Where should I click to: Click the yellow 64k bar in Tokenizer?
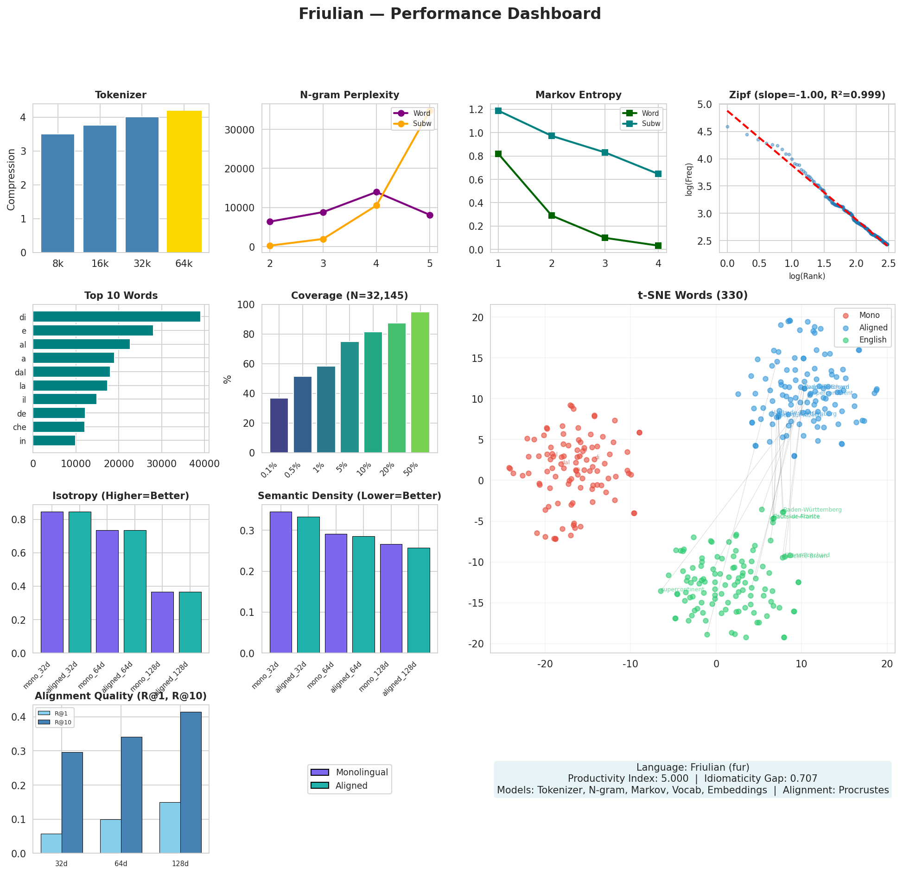tap(184, 182)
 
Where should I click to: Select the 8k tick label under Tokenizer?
tap(58, 264)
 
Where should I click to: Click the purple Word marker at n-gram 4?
tap(376, 192)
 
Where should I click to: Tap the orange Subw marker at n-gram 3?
tap(323, 239)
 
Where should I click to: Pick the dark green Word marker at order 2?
tap(552, 215)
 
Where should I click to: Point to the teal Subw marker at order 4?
tap(658, 174)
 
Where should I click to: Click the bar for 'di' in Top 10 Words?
tap(116, 317)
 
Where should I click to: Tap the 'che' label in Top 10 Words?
tap(19, 427)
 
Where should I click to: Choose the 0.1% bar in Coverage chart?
tap(279, 425)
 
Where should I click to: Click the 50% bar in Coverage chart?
tap(420, 382)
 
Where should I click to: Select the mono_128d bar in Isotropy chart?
tap(162, 622)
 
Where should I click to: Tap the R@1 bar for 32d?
tap(51, 843)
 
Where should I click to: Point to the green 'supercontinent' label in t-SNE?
tap(682, 589)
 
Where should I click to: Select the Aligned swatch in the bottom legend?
tap(320, 785)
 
